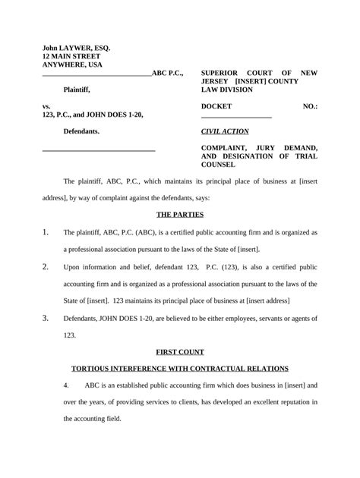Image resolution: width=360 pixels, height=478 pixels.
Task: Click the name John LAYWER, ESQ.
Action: click(76, 48)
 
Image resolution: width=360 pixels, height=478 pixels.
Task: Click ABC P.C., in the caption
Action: click(167, 74)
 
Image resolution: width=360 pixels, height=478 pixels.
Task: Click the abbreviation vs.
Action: click(46, 106)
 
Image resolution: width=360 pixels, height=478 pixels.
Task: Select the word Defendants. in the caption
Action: click(81, 131)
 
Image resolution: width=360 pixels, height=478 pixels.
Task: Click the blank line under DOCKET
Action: click(236, 117)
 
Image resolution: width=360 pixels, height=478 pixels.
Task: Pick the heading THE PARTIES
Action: click(179, 215)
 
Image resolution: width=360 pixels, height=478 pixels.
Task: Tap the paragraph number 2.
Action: click(46, 266)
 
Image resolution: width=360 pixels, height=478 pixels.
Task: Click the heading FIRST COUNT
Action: click(179, 352)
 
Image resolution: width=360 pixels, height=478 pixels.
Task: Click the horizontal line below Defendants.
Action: click(98, 151)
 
